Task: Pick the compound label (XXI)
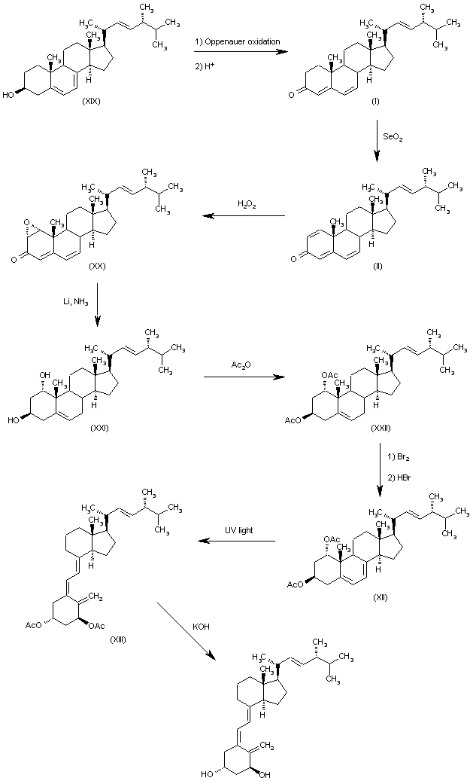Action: tap(99, 428)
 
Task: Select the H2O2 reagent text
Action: tap(247, 203)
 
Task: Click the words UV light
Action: tap(240, 530)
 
